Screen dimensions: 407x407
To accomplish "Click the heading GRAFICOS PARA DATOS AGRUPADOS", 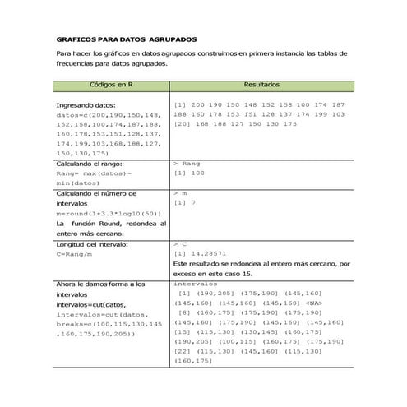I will click(x=126, y=39).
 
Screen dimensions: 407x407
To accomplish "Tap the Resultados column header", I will click(x=261, y=85).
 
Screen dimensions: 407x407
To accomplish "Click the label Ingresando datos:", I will click(x=86, y=106).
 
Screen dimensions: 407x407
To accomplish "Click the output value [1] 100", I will click(x=190, y=174).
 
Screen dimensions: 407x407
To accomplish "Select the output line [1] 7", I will click(x=185, y=203).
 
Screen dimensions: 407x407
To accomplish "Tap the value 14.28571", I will click(x=208, y=254).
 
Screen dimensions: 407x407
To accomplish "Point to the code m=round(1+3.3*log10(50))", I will click(x=109, y=213).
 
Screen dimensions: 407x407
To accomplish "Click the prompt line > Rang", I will click(x=187, y=164).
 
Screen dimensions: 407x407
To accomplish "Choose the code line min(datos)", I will click(x=76, y=183).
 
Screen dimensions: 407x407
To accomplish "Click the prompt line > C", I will click(x=180, y=244).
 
